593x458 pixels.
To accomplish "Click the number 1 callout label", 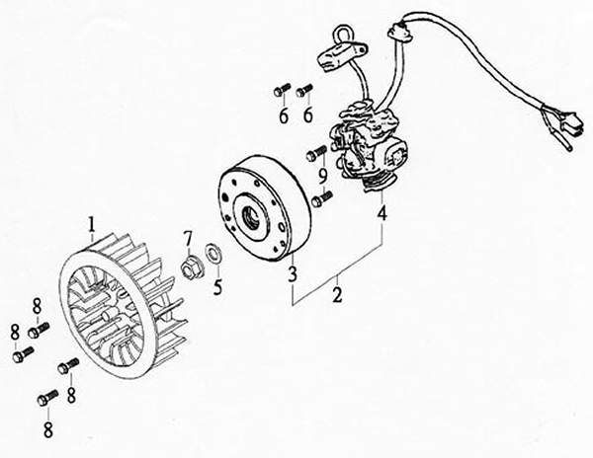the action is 91,224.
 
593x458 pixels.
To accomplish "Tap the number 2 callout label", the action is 337,294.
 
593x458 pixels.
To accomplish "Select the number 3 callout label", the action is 293,274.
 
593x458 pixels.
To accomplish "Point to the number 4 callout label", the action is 381,213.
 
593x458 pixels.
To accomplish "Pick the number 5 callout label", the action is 217,287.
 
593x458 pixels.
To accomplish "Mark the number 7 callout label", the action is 188,239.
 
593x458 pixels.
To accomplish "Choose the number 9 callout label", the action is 322,177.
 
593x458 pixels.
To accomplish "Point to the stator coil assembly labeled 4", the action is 369,145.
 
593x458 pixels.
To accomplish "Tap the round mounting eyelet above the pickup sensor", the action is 343,33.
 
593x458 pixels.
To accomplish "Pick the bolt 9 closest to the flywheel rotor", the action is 321,199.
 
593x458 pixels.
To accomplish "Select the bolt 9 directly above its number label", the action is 316,153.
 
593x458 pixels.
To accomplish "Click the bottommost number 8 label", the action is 48,429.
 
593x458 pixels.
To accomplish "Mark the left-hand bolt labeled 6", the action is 282,90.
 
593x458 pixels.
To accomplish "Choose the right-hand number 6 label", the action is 308,114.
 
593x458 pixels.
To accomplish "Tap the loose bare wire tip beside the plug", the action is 569,147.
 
